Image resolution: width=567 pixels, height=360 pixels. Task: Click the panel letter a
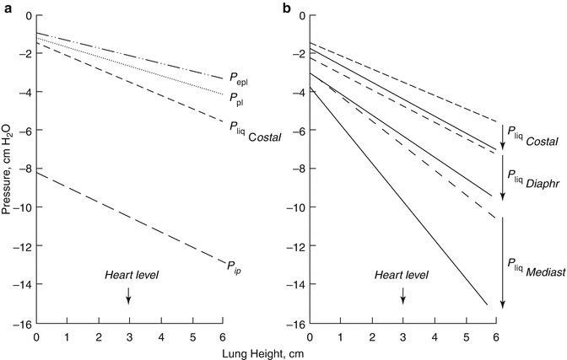click(6, 8)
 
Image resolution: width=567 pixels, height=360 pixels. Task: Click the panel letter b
click(287, 8)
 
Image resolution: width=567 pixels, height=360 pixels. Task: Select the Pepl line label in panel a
click(238, 83)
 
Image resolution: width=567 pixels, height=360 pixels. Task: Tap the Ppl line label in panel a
click(236, 99)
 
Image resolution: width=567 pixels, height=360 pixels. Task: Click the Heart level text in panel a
click(132, 276)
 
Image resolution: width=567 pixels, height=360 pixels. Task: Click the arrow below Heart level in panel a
click(129, 294)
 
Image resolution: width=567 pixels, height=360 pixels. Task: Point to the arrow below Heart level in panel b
click(402, 294)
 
